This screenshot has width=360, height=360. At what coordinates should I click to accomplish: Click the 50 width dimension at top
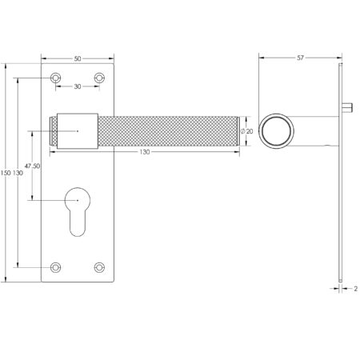[78, 59]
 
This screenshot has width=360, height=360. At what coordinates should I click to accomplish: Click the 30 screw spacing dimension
[78, 86]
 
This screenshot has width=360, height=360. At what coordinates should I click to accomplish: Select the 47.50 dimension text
[33, 166]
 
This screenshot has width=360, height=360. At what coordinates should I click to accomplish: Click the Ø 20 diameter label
[248, 130]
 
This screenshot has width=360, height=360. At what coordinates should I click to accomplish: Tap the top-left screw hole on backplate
[55, 78]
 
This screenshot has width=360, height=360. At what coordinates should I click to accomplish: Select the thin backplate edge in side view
[342, 200]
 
